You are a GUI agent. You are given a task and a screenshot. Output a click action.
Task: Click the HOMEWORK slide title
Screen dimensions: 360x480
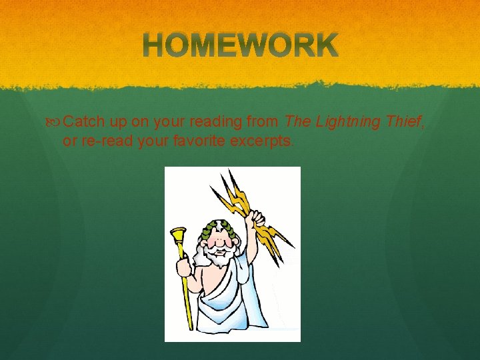pyautogui.click(x=240, y=46)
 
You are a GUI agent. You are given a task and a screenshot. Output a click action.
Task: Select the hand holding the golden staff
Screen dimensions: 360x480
pyautogui.click(x=183, y=267)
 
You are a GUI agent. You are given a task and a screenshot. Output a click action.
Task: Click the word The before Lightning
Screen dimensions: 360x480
pyautogui.click(x=296, y=122)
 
